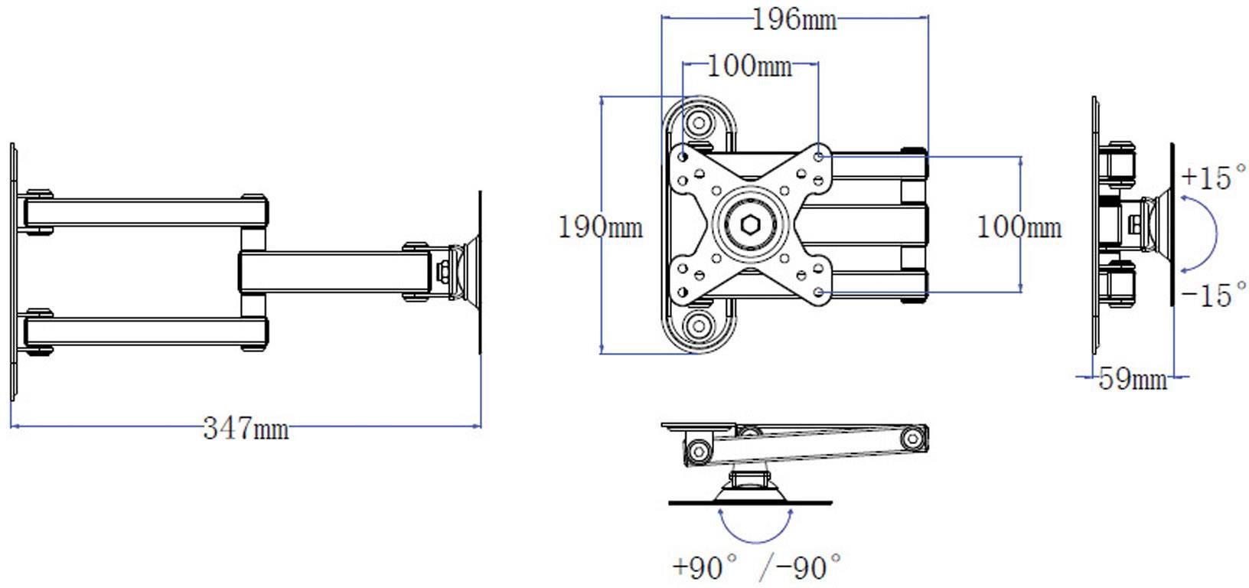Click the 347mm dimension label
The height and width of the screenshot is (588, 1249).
coord(246,429)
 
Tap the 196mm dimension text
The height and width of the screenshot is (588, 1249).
coord(794,20)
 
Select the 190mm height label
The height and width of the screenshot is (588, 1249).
coord(600,227)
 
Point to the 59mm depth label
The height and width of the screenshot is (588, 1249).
coord(1132,378)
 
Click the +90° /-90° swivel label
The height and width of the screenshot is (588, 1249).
coord(756,567)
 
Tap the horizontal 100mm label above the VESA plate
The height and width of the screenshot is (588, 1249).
coord(749,67)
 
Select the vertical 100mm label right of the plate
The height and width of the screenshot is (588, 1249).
coord(1019,227)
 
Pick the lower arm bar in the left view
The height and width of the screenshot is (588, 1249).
coord(145,332)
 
